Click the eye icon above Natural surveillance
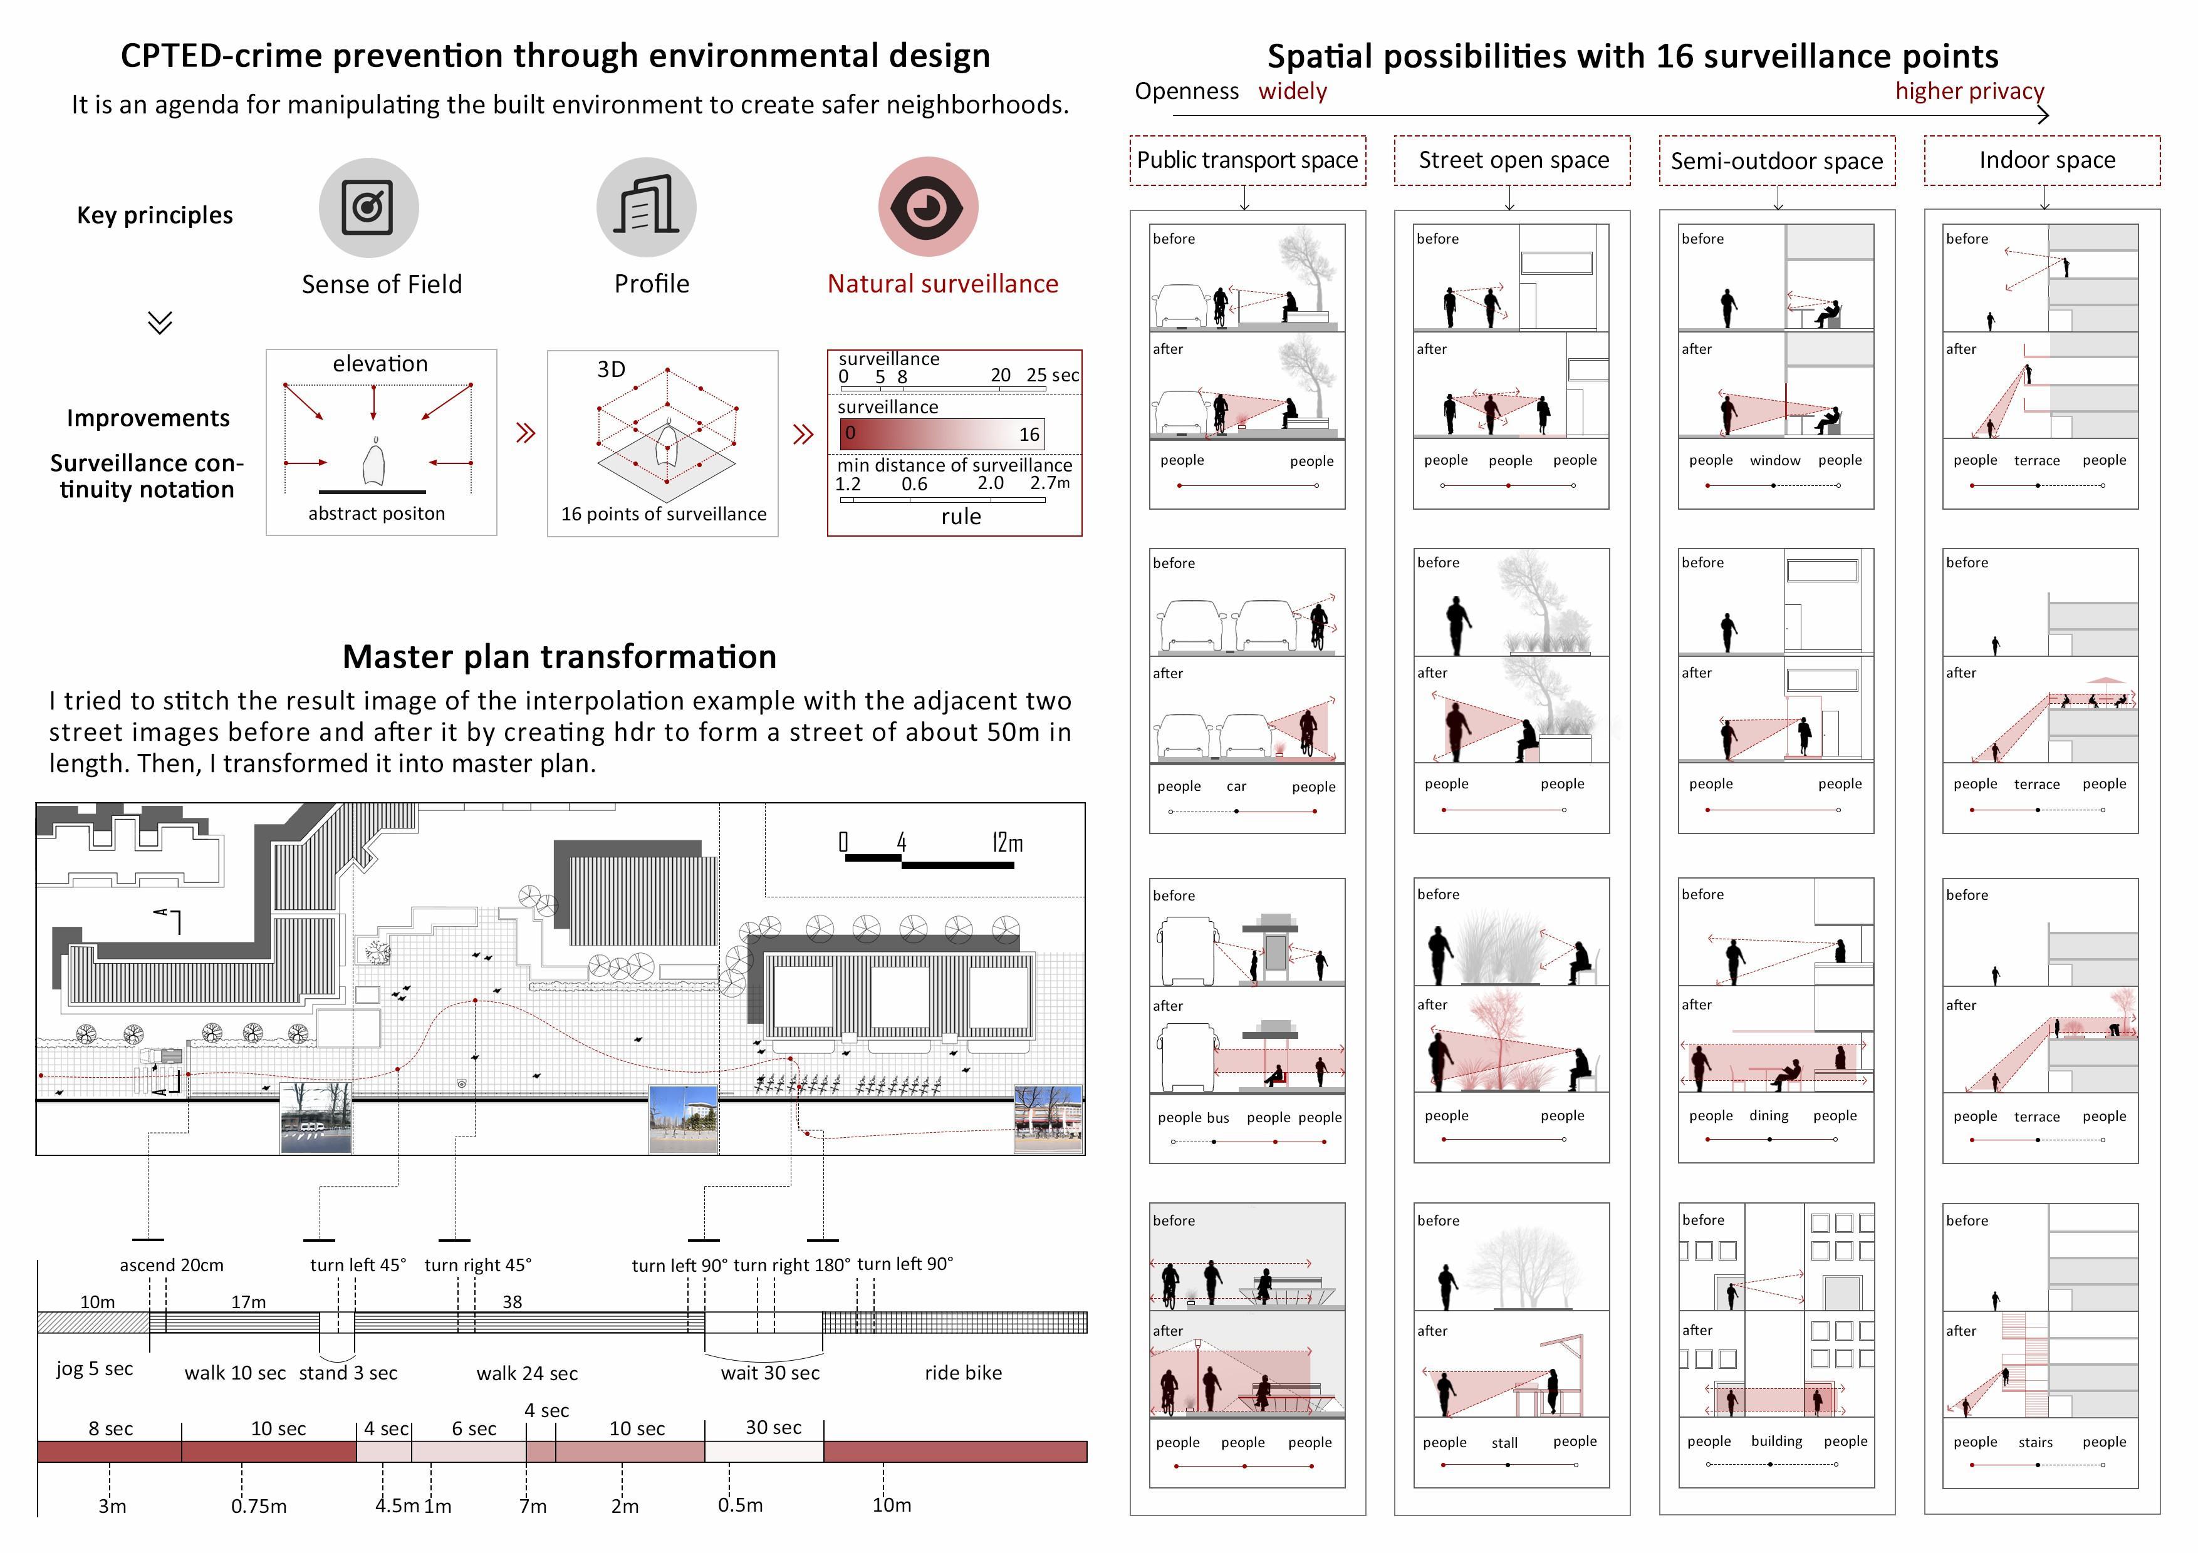click(927, 207)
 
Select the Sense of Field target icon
click(368, 207)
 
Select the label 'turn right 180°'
click(792, 1265)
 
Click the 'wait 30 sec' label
click(769, 1373)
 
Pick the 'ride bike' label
click(963, 1373)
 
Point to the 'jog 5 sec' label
click(94, 1370)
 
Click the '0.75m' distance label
click(259, 1506)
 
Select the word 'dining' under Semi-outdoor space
click(1768, 1116)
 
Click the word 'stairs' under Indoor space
click(2035, 1443)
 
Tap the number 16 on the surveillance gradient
click(1028, 435)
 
